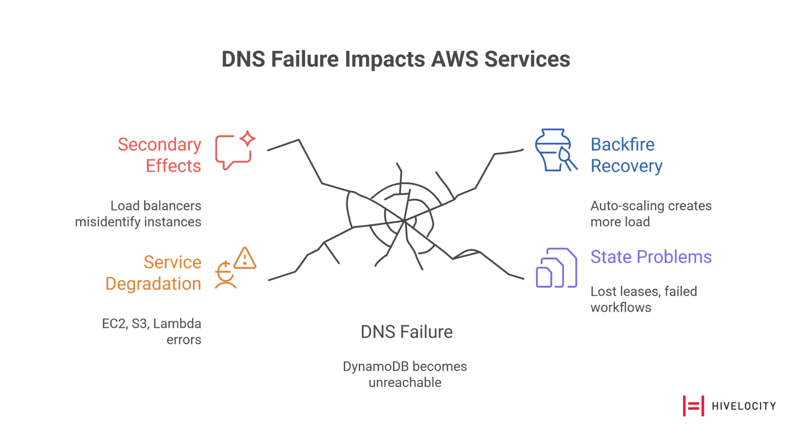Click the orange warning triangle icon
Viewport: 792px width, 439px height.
coord(245,258)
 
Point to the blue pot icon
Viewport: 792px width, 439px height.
coord(553,150)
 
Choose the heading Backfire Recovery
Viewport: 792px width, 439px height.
coord(626,155)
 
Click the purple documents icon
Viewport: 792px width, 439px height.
coord(556,268)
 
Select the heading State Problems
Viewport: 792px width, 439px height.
coord(651,257)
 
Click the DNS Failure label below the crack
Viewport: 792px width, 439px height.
coord(406,332)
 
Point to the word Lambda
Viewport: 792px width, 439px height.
coord(177,323)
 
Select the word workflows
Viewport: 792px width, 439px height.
coord(621,307)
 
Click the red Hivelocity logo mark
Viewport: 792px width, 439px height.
coord(693,406)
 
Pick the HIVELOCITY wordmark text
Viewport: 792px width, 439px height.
coord(743,406)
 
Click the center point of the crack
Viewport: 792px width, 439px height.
coord(404,221)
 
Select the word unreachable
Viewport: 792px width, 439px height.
coord(405,383)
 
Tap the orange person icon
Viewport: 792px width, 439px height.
coord(225,276)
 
